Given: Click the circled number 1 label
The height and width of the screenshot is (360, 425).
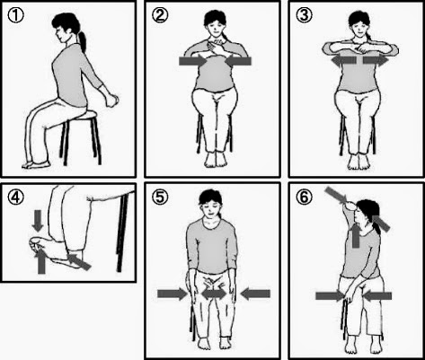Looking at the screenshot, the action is point(15,16).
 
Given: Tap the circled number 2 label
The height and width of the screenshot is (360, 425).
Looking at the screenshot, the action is point(160,15).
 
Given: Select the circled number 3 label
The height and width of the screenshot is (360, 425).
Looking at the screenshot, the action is point(304,15).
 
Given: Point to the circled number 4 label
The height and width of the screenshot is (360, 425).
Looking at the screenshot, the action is point(15,198).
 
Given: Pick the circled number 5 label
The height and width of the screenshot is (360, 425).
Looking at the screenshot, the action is point(160,197).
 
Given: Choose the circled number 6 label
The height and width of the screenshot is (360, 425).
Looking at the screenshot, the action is point(304,197).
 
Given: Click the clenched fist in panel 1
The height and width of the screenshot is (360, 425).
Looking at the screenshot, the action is point(112,101).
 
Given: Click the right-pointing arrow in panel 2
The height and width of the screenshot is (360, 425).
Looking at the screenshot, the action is point(193,61).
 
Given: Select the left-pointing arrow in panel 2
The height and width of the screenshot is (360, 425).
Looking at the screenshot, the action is point(238,61).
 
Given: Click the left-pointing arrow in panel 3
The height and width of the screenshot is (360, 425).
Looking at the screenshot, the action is point(343,60).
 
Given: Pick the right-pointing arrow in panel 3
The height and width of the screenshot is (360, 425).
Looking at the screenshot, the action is point(376,60).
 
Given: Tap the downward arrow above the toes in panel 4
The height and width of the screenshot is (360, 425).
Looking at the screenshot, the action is point(38,221).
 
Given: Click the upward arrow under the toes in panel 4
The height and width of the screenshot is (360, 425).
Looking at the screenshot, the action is point(41,261).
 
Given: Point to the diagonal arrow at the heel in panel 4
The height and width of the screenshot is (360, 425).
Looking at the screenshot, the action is point(79,261).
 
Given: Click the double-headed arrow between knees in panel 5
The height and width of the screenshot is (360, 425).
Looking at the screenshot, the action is point(214,294).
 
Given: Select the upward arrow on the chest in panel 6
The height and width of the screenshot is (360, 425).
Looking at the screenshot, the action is point(356,235).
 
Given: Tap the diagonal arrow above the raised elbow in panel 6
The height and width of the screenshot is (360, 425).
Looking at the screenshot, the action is point(335,195).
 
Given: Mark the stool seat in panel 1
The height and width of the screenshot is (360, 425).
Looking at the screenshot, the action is point(83,115).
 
